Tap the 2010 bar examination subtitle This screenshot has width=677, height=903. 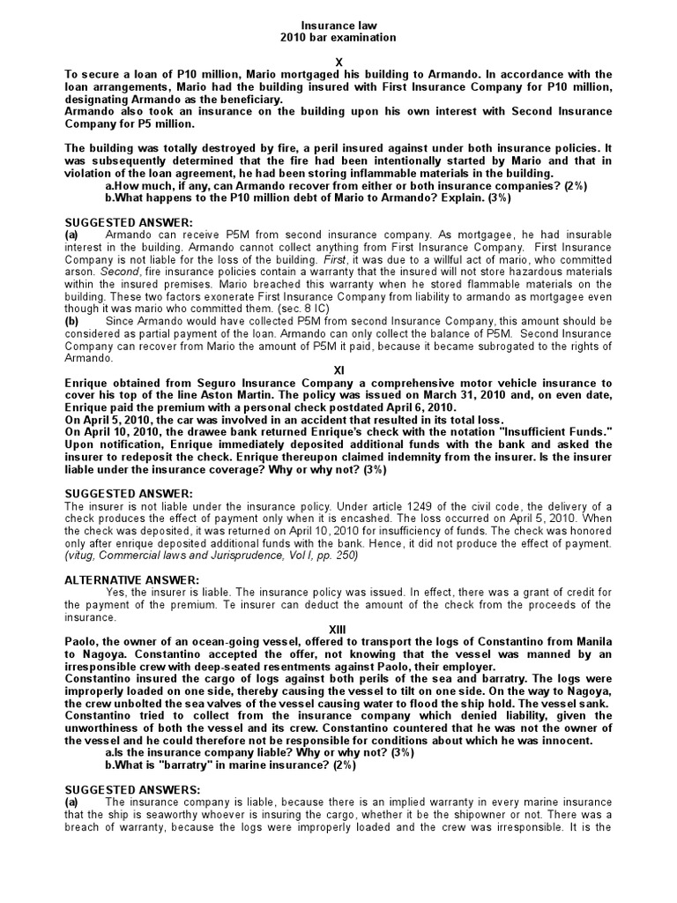[x=338, y=38]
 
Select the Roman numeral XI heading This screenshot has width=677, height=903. [x=338, y=370]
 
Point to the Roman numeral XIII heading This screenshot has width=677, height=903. [x=338, y=628]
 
